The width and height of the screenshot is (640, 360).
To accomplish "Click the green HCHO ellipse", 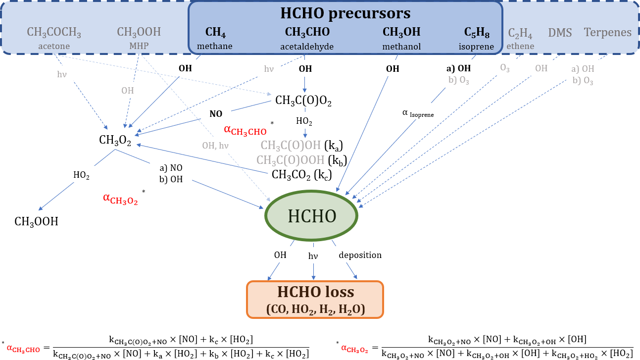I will click(x=312, y=216).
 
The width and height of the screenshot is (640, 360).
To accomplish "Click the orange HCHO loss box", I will click(x=315, y=299).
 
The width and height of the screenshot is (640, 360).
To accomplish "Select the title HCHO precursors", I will click(x=345, y=13).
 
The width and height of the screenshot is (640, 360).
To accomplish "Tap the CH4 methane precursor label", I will click(x=215, y=32).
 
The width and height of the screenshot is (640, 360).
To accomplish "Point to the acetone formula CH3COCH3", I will click(x=54, y=33).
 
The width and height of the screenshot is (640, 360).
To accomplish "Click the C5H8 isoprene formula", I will click(x=477, y=32).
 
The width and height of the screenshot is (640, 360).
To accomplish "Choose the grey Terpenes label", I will click(x=607, y=33).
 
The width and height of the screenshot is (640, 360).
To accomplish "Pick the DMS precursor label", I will click(x=560, y=33).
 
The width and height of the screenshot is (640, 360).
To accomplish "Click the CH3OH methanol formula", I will click(x=401, y=32).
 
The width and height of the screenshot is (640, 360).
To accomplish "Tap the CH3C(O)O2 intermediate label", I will click(x=303, y=102).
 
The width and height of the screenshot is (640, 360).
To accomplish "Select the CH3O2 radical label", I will click(x=115, y=141).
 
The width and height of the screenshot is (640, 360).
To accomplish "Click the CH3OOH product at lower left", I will click(x=36, y=221).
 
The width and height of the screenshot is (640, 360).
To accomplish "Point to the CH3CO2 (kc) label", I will click(x=301, y=174).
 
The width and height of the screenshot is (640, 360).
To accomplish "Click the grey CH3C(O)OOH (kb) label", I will click(x=301, y=160).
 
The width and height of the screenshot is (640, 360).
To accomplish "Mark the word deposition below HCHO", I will click(x=360, y=255).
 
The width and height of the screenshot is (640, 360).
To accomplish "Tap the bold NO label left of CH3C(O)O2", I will click(x=216, y=113).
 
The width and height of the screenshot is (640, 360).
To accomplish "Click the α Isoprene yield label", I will click(x=418, y=113).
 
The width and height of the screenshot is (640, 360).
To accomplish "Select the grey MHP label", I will click(x=139, y=46).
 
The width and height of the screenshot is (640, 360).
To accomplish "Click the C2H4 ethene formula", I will click(x=520, y=33).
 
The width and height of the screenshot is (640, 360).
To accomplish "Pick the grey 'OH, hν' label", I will click(x=215, y=145).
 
